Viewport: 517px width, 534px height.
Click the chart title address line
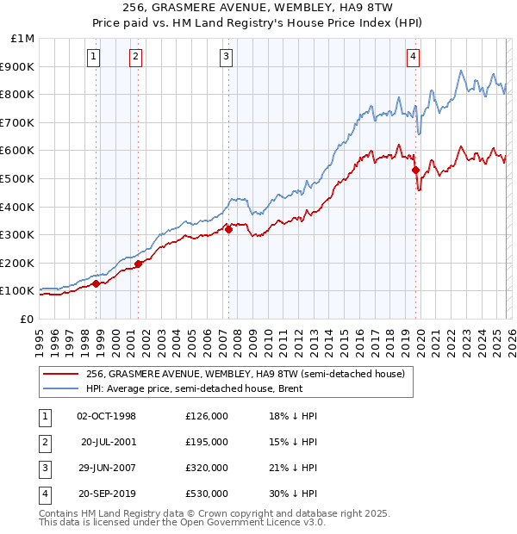coord(258,7)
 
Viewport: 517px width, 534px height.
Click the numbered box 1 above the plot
coord(93,58)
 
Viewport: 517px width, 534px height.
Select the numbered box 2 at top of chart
coord(136,58)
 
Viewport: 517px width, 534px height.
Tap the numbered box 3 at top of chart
coord(226,58)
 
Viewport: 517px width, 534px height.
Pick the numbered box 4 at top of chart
coord(414,58)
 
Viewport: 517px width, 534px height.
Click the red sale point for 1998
coord(96,283)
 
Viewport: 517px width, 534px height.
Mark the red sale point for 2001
coord(139,264)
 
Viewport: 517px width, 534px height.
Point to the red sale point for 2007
coord(229,229)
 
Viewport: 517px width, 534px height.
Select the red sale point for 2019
coord(415,170)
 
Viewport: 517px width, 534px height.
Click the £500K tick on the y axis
coord(17,178)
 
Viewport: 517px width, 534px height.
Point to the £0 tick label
coord(26,319)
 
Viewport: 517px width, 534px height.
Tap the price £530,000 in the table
coord(207,494)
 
